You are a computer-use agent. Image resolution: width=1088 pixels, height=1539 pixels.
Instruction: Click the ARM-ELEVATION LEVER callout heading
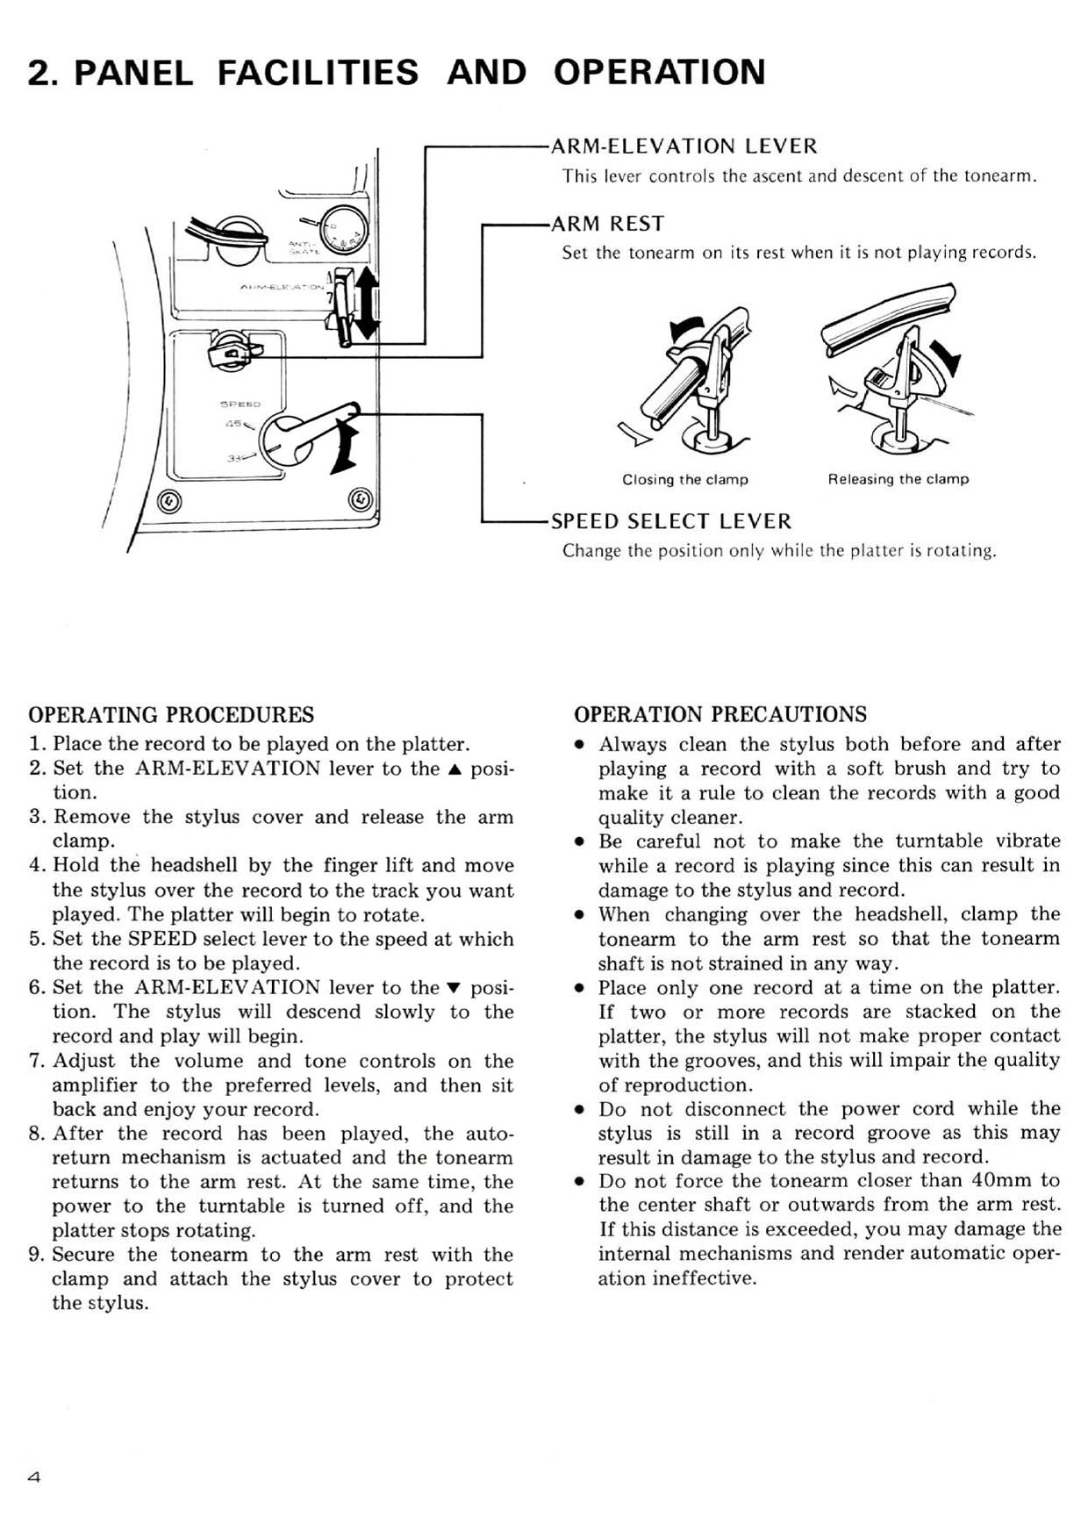(x=684, y=147)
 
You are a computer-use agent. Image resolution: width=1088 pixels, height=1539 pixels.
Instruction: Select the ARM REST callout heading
(x=607, y=224)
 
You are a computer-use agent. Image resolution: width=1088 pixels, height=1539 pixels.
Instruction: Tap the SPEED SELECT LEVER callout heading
(x=670, y=521)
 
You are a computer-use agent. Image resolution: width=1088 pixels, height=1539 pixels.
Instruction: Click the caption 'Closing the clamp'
(x=684, y=480)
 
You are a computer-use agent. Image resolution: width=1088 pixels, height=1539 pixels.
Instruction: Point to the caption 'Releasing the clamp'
(x=898, y=480)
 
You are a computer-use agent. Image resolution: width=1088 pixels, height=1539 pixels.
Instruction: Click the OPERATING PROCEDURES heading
(x=171, y=714)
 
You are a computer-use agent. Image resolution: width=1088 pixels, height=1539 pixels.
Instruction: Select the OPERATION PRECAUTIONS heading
(x=719, y=714)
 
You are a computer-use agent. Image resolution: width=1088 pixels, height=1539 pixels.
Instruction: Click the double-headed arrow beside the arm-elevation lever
(x=367, y=304)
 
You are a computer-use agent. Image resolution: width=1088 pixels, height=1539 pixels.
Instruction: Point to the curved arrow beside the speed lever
(x=345, y=447)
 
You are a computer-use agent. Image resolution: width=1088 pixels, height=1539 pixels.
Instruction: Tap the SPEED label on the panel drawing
(x=240, y=404)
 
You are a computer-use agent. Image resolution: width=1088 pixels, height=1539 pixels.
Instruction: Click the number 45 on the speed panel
(x=233, y=425)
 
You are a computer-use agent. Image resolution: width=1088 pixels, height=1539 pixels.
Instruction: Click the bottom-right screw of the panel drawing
(x=361, y=499)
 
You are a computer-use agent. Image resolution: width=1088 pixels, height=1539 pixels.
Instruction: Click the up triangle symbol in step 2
(x=455, y=769)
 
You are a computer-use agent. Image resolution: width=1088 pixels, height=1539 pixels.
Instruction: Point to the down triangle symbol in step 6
(x=455, y=988)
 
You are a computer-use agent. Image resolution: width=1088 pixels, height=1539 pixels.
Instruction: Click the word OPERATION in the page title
(x=659, y=72)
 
